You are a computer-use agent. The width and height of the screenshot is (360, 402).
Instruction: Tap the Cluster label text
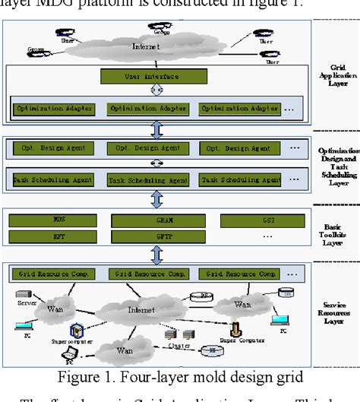(179, 345)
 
